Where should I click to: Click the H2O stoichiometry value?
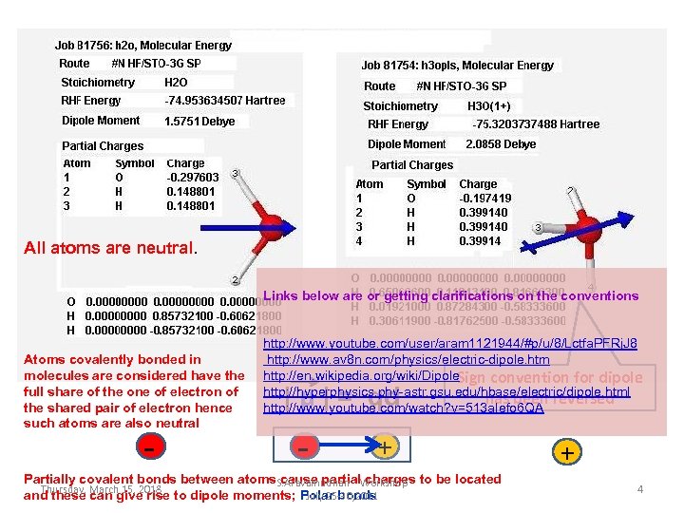click(177, 83)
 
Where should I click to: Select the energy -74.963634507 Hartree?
click(224, 101)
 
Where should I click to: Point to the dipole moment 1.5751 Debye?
click(199, 122)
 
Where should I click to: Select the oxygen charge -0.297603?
click(193, 177)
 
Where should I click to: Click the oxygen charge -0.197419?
click(484, 199)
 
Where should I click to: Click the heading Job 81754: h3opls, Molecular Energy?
click(457, 66)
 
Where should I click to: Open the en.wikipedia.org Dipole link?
click(348, 377)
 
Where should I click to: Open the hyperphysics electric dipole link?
click(446, 392)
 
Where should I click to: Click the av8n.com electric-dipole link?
click(408, 360)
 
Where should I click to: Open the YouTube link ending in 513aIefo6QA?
click(403, 408)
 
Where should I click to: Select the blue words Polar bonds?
click(338, 496)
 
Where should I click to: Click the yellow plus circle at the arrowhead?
click(383, 446)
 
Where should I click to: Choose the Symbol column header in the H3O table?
click(426, 184)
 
